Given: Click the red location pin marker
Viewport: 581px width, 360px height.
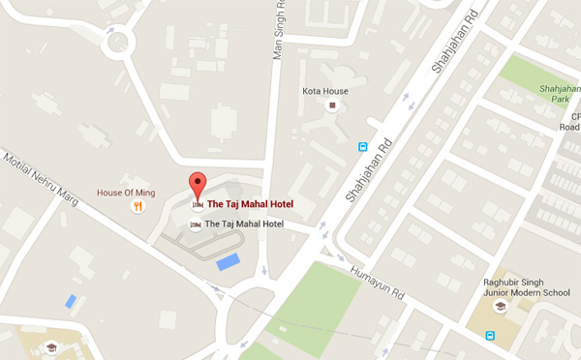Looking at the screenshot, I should (x=198, y=187).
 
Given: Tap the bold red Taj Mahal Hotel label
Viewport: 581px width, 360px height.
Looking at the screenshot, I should (x=250, y=204).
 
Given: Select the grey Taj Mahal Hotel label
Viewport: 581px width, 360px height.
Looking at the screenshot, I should (x=245, y=225).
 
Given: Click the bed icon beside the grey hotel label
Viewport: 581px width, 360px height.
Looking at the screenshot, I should (x=196, y=225).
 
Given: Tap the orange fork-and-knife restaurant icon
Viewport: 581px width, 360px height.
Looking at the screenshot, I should (x=138, y=205).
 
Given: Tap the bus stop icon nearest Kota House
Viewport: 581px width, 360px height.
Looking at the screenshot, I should (x=363, y=148).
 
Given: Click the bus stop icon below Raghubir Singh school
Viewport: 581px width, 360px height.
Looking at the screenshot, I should (x=491, y=337).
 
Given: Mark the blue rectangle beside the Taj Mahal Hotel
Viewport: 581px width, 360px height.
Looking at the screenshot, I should (x=229, y=260).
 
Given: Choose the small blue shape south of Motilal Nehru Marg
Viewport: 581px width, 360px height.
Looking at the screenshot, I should (x=71, y=302).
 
